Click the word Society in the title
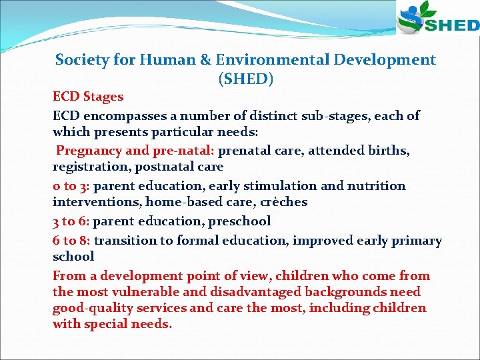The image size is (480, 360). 83,60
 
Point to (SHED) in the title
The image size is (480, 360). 245,79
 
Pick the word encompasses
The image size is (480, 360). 124,115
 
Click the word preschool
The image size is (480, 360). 240,221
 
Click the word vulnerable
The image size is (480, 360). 148,292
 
